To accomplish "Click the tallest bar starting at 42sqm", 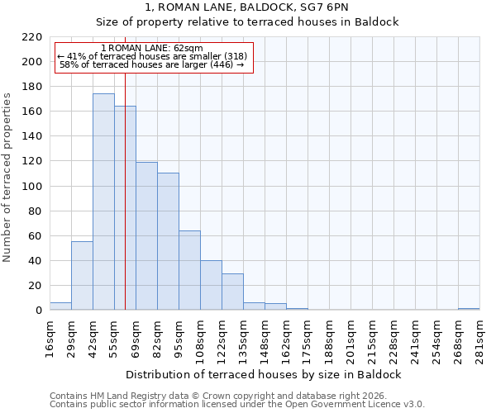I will pyautogui.click(x=103, y=202).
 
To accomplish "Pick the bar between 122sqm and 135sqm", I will pyautogui.click(x=232, y=292).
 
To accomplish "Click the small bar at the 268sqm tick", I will pyautogui.click(x=469, y=309).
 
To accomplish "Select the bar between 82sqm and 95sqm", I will pyautogui.click(x=168, y=241).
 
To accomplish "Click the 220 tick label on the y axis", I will pyautogui.click(x=33, y=37).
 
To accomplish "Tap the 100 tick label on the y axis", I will pyautogui.click(x=33, y=187).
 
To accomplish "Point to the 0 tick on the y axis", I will pyautogui.click(x=39, y=311).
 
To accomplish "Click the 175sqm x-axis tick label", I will pyautogui.click(x=308, y=337).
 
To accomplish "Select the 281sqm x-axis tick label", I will pyautogui.click(x=479, y=337).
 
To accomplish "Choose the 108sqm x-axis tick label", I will pyautogui.click(x=200, y=337).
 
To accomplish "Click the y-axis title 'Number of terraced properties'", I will pyautogui.click(x=7, y=178).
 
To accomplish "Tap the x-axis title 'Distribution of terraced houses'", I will pyautogui.click(x=265, y=374).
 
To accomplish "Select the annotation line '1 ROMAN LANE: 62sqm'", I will pyautogui.click(x=151, y=48).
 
